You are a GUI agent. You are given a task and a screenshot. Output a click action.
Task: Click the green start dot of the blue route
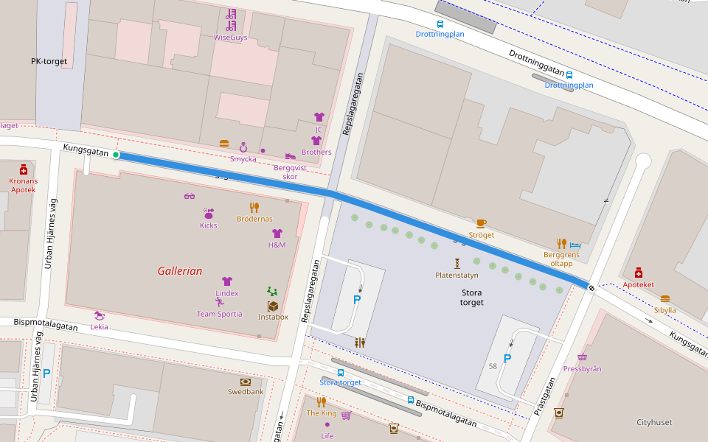pyautogui.click(x=116, y=155)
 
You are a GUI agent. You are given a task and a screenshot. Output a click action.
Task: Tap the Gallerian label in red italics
pyautogui.click(x=179, y=271)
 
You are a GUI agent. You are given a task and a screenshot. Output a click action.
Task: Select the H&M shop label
pyautogui.click(x=277, y=245)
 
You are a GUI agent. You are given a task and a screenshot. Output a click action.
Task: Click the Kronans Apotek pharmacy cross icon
pyautogui.click(x=23, y=169)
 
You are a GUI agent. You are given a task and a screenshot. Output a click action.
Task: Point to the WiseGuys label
pyautogui.click(x=230, y=37)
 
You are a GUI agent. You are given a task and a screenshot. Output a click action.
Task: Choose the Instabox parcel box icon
pyautogui.click(x=273, y=306)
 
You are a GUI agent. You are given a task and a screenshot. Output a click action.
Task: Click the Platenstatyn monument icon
pyautogui.click(x=457, y=263)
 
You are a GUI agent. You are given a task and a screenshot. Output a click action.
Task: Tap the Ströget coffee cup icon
pyautogui.click(x=481, y=223)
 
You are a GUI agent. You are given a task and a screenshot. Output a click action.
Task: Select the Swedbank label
pyautogui.click(x=246, y=392)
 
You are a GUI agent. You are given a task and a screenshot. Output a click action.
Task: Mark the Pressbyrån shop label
pyautogui.click(x=582, y=368)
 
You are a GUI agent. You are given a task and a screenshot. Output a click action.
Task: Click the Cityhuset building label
pyautogui.click(x=654, y=422)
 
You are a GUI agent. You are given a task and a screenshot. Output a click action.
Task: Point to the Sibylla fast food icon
pyautogui.click(x=665, y=299)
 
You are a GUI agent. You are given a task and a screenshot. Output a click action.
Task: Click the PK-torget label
pyautogui.click(x=49, y=62)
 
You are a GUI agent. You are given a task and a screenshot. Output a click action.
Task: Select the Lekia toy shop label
pyautogui.click(x=99, y=326)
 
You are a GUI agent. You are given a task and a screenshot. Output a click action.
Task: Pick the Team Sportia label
pyautogui.click(x=219, y=314)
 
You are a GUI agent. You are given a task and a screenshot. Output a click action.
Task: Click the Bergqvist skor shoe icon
pyautogui.click(x=290, y=156)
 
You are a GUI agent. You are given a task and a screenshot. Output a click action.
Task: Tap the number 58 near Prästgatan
pyautogui.click(x=493, y=366)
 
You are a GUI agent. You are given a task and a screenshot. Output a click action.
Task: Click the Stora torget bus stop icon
pyautogui.click(x=340, y=373)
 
